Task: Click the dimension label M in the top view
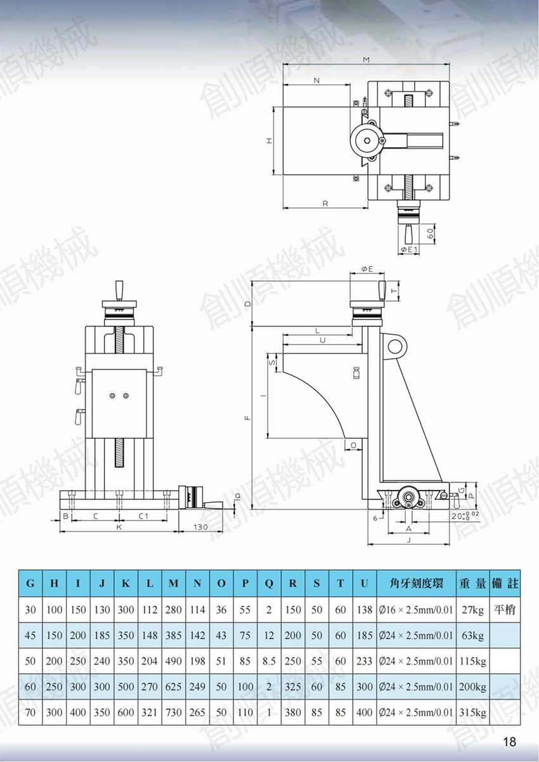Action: click(x=366, y=60)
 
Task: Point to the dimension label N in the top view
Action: click(x=317, y=81)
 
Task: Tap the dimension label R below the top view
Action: click(x=325, y=203)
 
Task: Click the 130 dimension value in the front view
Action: click(x=200, y=527)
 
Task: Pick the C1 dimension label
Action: click(x=143, y=516)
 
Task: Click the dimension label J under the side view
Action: click(x=409, y=540)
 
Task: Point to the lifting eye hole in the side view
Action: click(x=394, y=347)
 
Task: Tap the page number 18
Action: click(x=509, y=741)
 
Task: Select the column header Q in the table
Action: click(x=269, y=584)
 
